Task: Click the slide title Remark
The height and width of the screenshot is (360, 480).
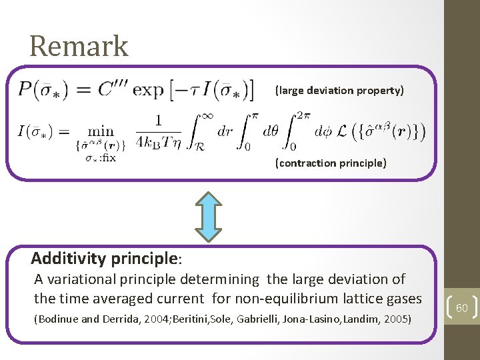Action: pyautogui.click(x=79, y=47)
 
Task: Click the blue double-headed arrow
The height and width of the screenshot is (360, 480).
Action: pyautogui.click(x=211, y=216)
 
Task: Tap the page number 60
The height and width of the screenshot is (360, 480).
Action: pyautogui.click(x=462, y=308)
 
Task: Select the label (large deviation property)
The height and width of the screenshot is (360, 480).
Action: pyautogui.click(x=339, y=90)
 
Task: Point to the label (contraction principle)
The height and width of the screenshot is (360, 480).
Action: pyautogui.click(x=331, y=163)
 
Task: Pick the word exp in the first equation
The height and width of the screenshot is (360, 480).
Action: pyautogui.click(x=153, y=89)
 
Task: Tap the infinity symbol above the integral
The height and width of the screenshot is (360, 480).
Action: pyautogui.click(x=207, y=116)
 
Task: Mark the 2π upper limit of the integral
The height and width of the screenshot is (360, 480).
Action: pyautogui.click(x=304, y=115)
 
